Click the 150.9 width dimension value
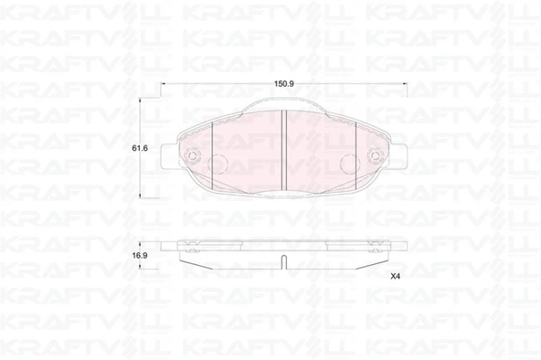coord(283,84)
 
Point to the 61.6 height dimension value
coord(140,148)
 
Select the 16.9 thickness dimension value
coord(140,256)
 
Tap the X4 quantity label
coord(395,276)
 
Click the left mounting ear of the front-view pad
coord(169,156)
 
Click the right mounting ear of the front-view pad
coord(399,156)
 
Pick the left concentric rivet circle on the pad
coord(191,156)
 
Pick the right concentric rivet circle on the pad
coord(375,156)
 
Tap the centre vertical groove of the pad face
coord(284,150)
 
